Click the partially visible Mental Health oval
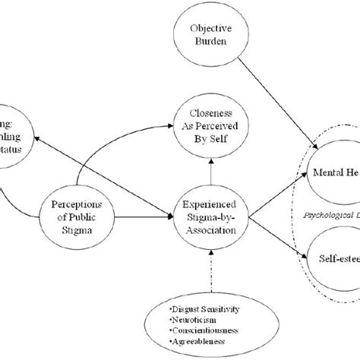coord(334,173)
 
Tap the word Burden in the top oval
coord(213,44)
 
